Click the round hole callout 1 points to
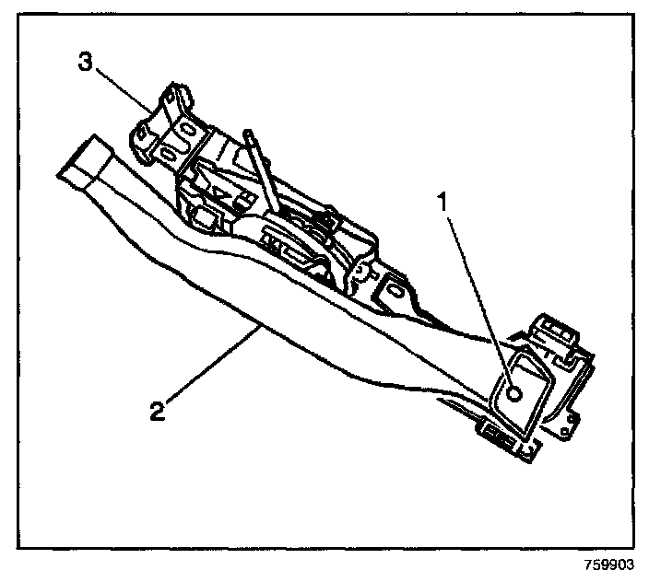(513, 392)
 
